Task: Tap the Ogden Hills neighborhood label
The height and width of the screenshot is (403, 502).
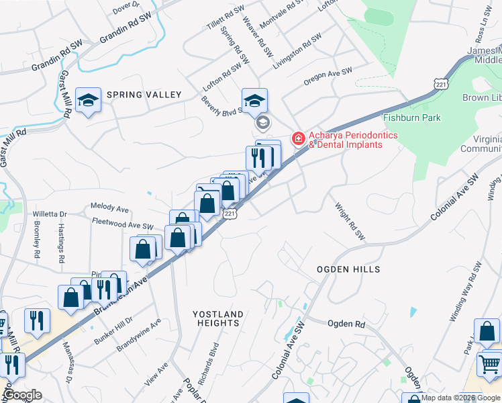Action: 348,269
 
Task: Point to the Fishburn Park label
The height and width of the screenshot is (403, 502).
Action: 411,118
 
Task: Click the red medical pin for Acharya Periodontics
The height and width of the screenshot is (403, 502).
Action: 297,138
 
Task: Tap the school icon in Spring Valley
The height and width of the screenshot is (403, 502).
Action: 87,101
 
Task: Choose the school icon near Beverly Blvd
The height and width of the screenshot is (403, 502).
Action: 254,101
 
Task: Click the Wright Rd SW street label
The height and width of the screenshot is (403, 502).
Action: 350,223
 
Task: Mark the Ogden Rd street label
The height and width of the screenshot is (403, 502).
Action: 346,324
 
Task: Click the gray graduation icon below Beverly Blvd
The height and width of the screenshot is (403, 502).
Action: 263,123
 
